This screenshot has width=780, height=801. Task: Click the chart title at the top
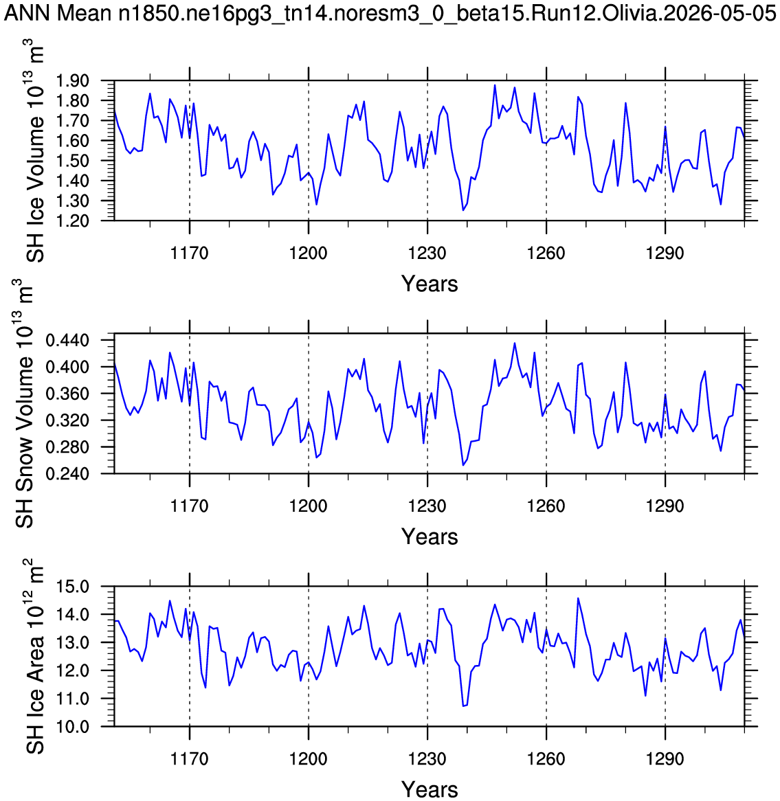click(x=390, y=13)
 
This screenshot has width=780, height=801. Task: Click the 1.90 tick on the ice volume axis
click(x=72, y=80)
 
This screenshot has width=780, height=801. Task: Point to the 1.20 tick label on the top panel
click(x=72, y=221)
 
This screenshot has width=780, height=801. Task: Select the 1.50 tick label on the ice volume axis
click(x=72, y=160)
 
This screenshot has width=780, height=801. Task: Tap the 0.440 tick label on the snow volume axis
click(x=67, y=340)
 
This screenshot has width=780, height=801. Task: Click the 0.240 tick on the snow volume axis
click(x=67, y=473)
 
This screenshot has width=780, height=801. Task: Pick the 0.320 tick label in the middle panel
click(x=67, y=420)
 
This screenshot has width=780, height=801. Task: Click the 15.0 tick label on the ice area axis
click(x=73, y=587)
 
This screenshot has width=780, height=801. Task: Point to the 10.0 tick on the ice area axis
click(x=73, y=726)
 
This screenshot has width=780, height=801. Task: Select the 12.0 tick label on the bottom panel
click(x=73, y=670)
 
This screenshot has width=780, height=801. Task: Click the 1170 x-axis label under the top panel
click(x=190, y=253)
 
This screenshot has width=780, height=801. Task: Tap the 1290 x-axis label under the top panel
click(x=665, y=253)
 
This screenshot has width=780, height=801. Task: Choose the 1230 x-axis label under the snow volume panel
click(x=427, y=506)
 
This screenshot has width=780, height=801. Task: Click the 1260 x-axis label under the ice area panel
click(x=546, y=758)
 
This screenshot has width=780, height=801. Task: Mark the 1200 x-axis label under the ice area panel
click(x=309, y=758)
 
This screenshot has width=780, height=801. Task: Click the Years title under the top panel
click(x=430, y=284)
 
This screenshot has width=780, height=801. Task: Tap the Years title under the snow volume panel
click(x=430, y=537)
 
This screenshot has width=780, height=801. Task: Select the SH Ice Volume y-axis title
click(x=34, y=151)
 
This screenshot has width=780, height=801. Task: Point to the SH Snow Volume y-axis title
click(x=23, y=403)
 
